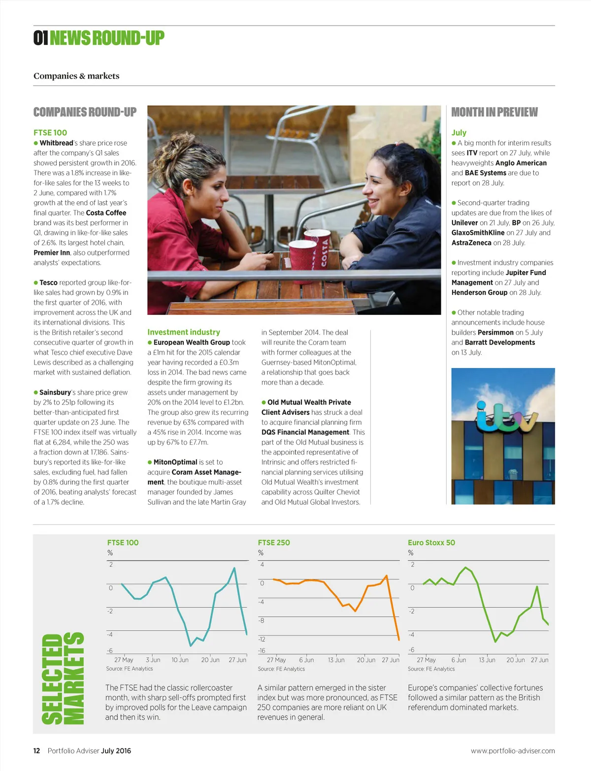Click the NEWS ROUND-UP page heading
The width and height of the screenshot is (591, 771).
click(x=107, y=38)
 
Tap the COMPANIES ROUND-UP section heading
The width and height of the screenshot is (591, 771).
click(x=85, y=112)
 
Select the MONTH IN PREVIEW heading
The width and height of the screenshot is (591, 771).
click(x=494, y=112)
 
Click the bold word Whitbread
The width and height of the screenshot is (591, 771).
click(x=56, y=143)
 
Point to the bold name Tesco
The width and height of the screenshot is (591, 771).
click(x=48, y=283)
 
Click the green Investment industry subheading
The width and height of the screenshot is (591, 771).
click(x=184, y=333)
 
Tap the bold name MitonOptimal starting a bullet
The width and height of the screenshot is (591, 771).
click(x=175, y=463)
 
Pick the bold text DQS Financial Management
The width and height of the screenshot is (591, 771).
click(x=305, y=432)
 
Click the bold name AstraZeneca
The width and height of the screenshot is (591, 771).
click(x=471, y=243)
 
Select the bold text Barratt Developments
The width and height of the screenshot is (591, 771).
click(x=500, y=342)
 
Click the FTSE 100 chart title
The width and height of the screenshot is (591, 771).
click(x=123, y=543)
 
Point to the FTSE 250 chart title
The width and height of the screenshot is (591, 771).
click(x=274, y=543)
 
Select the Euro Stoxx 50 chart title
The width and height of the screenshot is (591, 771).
click(x=431, y=543)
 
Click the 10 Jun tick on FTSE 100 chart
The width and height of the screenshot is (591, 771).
click(x=180, y=660)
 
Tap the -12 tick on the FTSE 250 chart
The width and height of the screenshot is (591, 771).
click(x=262, y=640)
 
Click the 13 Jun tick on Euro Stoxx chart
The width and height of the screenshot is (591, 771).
click(x=487, y=660)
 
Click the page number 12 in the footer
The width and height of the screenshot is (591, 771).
click(x=36, y=751)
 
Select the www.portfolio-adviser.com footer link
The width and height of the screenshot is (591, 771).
click(x=513, y=751)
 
